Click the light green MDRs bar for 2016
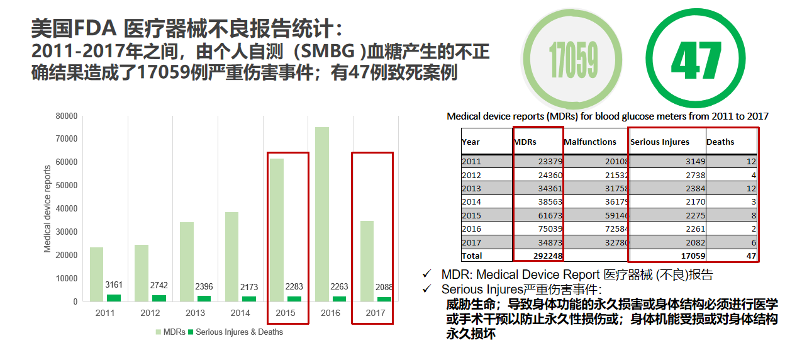click(x=322, y=214)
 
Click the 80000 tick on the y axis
click(x=66, y=116)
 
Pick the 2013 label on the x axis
click(x=195, y=313)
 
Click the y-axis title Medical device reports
click(x=48, y=209)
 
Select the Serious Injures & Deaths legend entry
click(x=239, y=332)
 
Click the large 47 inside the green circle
click(x=696, y=60)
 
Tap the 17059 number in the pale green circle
click(x=573, y=60)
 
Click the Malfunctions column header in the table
click(x=590, y=142)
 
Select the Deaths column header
click(x=720, y=142)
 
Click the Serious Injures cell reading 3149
click(x=693, y=161)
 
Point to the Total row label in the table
click(x=472, y=256)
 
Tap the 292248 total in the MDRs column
click(x=546, y=256)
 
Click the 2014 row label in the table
click(x=471, y=202)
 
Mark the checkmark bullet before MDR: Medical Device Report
click(x=428, y=274)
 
